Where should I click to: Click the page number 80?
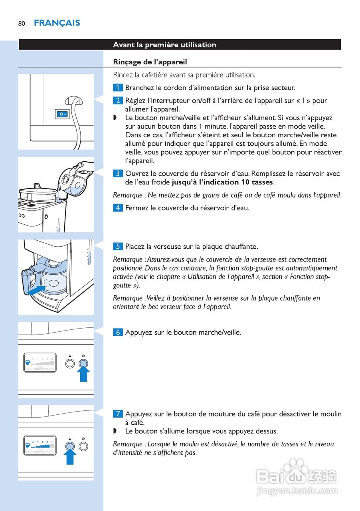click(22, 24)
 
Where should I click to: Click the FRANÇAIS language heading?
click(57, 23)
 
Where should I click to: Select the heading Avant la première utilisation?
click(164, 45)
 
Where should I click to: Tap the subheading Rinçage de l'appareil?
click(150, 62)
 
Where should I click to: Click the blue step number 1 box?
click(118, 88)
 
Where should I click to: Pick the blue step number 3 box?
click(118, 174)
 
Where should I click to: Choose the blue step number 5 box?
click(118, 246)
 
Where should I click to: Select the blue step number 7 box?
click(118, 414)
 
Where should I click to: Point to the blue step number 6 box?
click(118, 332)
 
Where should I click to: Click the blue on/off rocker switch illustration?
click(62, 114)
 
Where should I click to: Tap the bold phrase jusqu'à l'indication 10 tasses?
click(223, 182)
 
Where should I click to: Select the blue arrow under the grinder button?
click(70, 457)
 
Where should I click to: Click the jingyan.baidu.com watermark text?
click(297, 491)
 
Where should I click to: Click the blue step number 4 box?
click(118, 208)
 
